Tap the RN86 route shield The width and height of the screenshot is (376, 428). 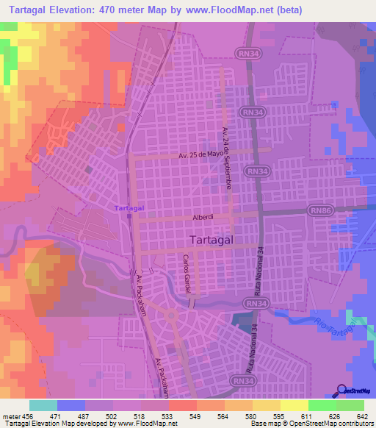pyautogui.click(x=320, y=210)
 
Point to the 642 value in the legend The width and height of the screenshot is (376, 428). pyautogui.click(x=361, y=415)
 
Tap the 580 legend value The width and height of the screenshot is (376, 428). pyautogui.click(x=241, y=415)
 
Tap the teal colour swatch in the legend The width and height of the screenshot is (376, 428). pyautogui.click(x=43, y=405)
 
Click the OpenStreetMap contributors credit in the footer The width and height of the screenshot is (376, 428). pyautogui.click(x=330, y=424)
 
